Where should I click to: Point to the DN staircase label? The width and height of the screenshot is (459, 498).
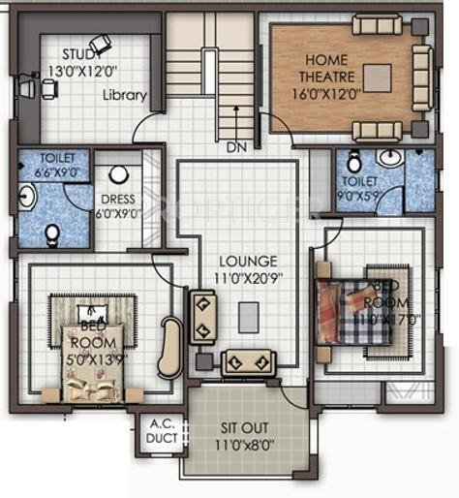235,148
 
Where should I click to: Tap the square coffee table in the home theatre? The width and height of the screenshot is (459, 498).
377,77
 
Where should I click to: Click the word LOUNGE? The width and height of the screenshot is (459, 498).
249,261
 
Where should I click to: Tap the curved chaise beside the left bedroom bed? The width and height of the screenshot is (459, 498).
171,347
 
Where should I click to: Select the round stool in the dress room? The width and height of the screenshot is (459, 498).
119,175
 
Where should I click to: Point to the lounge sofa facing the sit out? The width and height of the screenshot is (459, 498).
249,362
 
